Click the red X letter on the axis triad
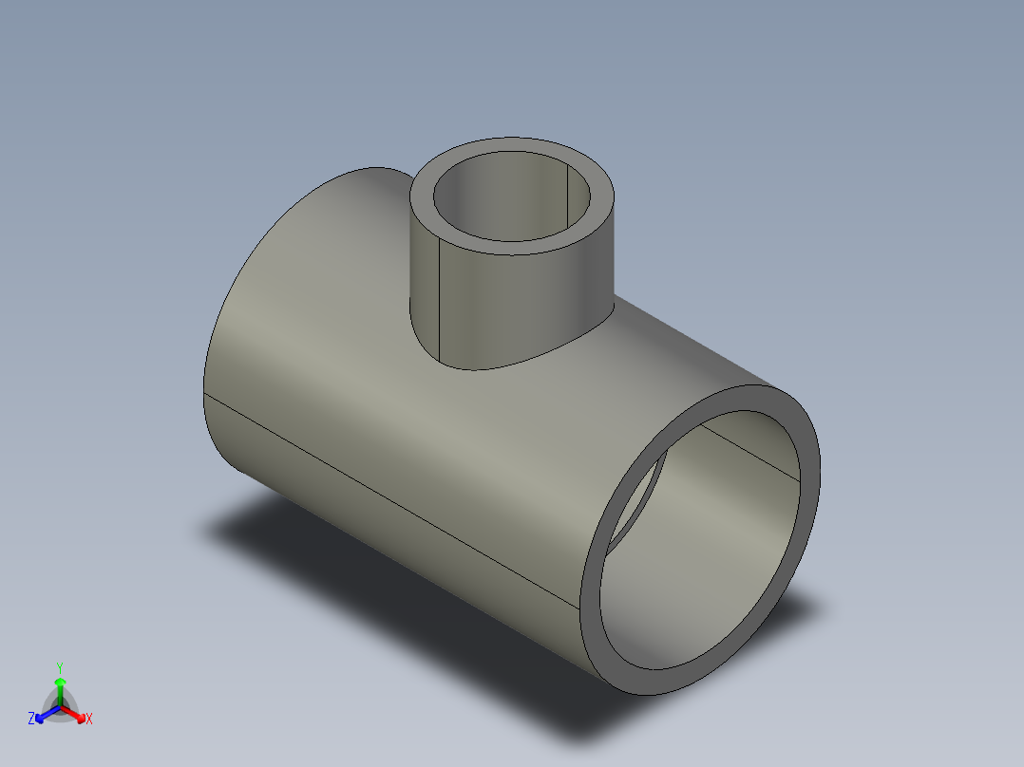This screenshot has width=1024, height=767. (x=89, y=720)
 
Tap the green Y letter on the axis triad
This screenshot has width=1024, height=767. (x=59, y=667)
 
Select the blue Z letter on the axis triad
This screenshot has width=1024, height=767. (x=31, y=719)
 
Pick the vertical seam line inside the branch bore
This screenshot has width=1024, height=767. (x=568, y=195)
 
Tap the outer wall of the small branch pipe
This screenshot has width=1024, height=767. (x=513, y=304)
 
